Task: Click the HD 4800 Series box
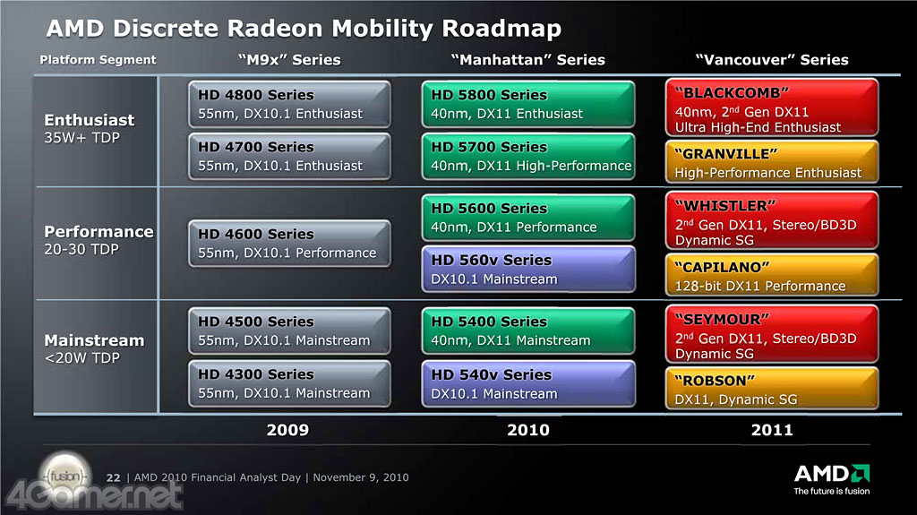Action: coord(289,104)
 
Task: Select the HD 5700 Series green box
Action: coord(528,156)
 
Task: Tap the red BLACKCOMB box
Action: coord(772,107)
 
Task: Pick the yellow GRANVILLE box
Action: coord(772,161)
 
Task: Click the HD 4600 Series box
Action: coord(289,244)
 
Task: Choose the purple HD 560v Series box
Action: coord(528,270)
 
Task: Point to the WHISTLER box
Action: coord(772,220)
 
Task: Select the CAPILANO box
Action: coord(772,274)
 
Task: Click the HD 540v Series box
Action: coord(528,384)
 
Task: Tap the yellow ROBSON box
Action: coord(772,388)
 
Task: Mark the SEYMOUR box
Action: coord(772,334)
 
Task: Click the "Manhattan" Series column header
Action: coord(528,60)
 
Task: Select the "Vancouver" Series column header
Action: coord(772,60)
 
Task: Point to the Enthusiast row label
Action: coord(90,120)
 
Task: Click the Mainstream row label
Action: coord(94,340)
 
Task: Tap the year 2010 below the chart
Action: coord(528,430)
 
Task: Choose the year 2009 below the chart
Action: coord(287,430)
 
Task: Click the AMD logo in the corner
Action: coord(832,479)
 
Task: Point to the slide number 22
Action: coord(114,477)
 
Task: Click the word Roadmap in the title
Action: coord(501,29)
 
